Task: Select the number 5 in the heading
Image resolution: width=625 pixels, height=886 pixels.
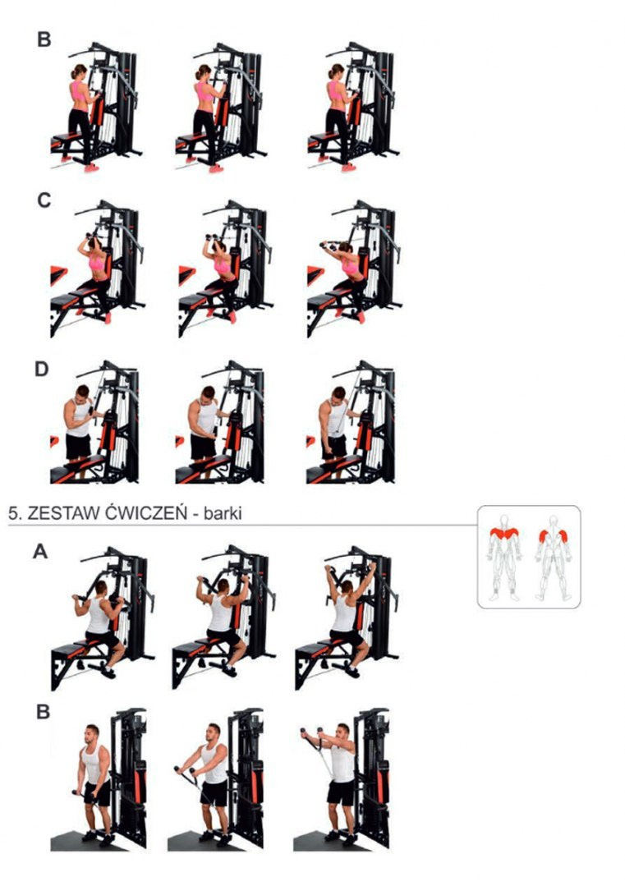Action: (14, 513)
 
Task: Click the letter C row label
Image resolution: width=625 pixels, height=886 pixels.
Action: (44, 200)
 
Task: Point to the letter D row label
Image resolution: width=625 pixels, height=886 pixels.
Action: (43, 369)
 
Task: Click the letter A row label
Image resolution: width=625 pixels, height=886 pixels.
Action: (40, 551)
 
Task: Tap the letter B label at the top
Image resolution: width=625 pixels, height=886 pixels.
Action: (44, 39)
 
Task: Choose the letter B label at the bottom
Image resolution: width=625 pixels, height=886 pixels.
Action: (43, 713)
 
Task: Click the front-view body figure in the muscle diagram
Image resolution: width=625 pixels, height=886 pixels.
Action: (504, 557)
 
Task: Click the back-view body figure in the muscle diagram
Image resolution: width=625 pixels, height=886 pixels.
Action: (554, 557)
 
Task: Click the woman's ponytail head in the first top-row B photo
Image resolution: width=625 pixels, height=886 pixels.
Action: (79, 71)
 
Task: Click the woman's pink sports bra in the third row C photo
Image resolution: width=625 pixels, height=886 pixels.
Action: (351, 267)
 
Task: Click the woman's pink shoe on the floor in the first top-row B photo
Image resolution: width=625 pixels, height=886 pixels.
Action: (91, 168)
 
